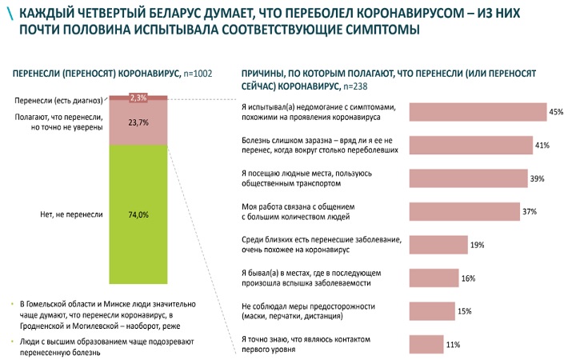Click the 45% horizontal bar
click(478, 112)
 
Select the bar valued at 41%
click(471, 145)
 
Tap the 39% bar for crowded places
click(468, 178)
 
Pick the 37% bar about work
click(465, 211)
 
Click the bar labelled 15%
click(431, 310)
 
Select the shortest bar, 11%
click(426, 344)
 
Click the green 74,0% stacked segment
click(138, 214)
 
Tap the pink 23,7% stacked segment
click(138, 122)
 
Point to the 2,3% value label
click(138, 98)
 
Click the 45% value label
click(556, 113)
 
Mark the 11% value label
click(454, 345)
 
